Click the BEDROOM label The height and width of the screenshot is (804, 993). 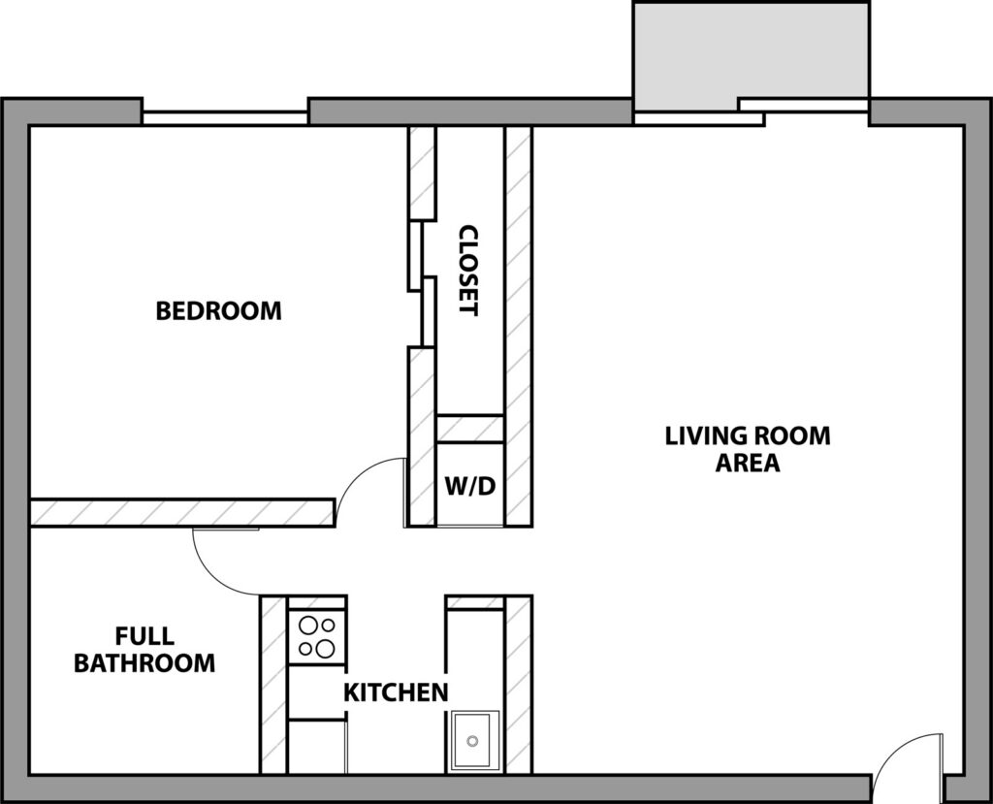218,311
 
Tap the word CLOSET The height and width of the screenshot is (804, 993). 468,270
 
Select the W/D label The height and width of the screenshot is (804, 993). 470,487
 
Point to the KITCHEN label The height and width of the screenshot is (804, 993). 396,692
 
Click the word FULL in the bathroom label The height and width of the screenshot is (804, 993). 144,635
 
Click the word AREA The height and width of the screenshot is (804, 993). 748,464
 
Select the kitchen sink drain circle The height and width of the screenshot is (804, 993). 472,741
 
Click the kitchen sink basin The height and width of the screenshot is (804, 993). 475,741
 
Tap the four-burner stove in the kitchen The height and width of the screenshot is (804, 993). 317,637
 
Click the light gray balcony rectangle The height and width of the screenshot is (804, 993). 752,54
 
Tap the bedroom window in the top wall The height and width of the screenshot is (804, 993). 225,118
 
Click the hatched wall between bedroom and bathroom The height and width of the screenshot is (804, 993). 182,512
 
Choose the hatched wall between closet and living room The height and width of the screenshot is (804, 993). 518,326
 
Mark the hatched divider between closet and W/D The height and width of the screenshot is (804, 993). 470,429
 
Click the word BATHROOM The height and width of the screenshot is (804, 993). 144,663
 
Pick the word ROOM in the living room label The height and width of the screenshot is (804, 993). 790,435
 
